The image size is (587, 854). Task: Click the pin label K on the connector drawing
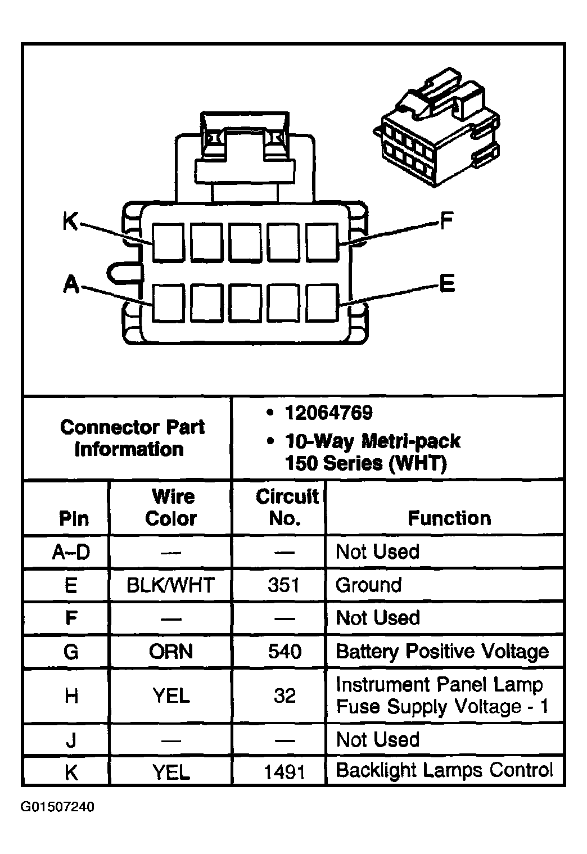pos(70,222)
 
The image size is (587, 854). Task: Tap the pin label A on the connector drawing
pos(70,284)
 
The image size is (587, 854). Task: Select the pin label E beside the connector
pos(446,283)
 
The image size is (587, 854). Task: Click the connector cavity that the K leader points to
pos(168,242)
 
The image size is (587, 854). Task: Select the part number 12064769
pos(328,413)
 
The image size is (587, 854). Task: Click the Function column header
pos(449,518)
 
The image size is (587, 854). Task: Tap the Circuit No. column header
pos(286,507)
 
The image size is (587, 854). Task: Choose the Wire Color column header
pos(171,507)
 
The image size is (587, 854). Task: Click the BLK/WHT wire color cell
pos(170,585)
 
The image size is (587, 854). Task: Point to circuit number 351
pos(284,585)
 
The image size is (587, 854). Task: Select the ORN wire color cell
pos(171,652)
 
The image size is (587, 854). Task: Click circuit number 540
pos(285,652)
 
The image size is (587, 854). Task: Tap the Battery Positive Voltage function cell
pos(442,652)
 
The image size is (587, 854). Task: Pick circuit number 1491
pos(285,772)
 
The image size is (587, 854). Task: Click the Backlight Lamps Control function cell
pos(444,770)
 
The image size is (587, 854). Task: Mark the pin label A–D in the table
pos(71,552)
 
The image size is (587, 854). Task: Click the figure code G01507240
pos(57,807)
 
